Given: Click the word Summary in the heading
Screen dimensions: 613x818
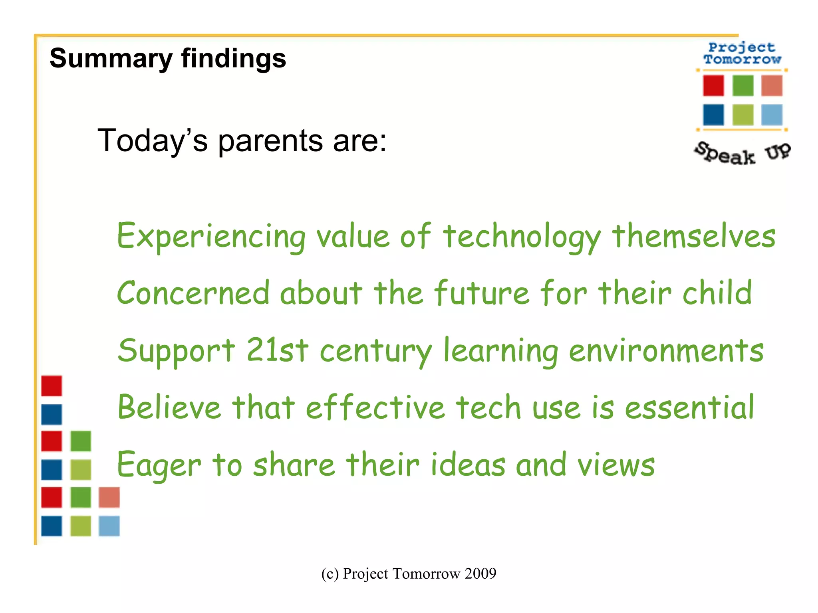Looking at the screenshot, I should pyautogui.click(x=111, y=59).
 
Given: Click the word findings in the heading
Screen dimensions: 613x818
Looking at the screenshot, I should pyautogui.click(x=233, y=59).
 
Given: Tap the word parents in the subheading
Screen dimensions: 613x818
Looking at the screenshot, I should pyautogui.click(x=270, y=141).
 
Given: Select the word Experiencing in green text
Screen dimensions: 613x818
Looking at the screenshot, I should pyautogui.click(x=211, y=236).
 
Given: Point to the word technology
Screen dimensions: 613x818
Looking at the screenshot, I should pyautogui.click(x=522, y=236).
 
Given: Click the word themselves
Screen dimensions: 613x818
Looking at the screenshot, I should pyautogui.click(x=694, y=236).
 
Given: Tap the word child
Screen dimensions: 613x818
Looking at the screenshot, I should pyautogui.click(x=717, y=293).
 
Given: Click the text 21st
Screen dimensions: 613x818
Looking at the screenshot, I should pyautogui.click(x=277, y=350).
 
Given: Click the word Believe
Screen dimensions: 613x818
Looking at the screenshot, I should pyautogui.click(x=169, y=407).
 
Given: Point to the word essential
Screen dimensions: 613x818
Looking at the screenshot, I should pyautogui.click(x=689, y=407).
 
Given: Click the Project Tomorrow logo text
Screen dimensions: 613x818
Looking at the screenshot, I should pyautogui.click(x=742, y=53).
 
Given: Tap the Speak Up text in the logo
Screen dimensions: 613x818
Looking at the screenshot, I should pyautogui.click(x=742, y=153).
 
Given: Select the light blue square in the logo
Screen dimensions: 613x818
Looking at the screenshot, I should pyautogui.click(x=771, y=115).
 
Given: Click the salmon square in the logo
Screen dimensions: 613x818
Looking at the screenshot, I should pyautogui.click(x=771, y=85).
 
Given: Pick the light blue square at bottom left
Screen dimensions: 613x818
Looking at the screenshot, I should pyautogui.click(x=109, y=526).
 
